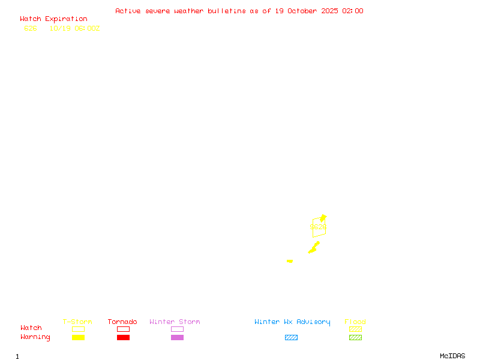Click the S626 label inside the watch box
pyautogui.click(x=318, y=227)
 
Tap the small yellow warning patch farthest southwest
pyautogui.click(x=290, y=261)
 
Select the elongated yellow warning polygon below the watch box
pyautogui.click(x=313, y=248)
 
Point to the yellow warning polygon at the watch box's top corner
pyautogui.click(x=323, y=218)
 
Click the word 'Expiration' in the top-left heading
pyautogui.click(x=66, y=19)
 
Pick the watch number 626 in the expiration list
pyautogui.click(x=30, y=28)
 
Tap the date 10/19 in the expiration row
pyautogui.click(x=58, y=28)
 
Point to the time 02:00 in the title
pyautogui.click(x=353, y=11)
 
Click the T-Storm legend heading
pyautogui.click(x=77, y=322)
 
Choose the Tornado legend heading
pyautogui.click(x=122, y=322)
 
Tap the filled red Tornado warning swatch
pyautogui.click(x=123, y=338)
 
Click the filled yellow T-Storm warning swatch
pyautogui.click(x=78, y=338)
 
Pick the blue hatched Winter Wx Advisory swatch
pyautogui.click(x=291, y=338)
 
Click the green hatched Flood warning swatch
pyautogui.click(x=355, y=338)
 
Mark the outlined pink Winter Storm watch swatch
pyautogui.click(x=177, y=329)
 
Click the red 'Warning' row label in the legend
pyautogui.click(x=35, y=337)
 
